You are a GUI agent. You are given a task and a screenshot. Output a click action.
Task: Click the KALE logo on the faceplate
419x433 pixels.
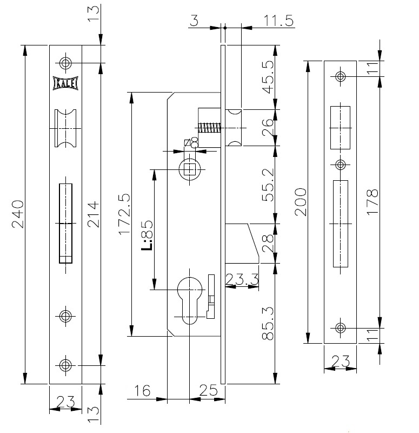[x=65, y=83]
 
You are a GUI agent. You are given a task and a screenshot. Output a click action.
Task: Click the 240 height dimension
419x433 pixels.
[x=18, y=214]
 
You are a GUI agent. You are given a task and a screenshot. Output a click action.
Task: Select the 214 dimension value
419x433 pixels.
[x=93, y=214]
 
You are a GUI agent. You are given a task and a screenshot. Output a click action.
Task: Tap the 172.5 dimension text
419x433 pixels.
[x=124, y=214]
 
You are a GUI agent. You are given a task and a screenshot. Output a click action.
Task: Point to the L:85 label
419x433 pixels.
[x=147, y=235]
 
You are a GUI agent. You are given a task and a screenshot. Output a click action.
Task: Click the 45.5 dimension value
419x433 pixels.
[x=268, y=77]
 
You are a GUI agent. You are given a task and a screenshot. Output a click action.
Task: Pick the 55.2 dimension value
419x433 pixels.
[x=268, y=185]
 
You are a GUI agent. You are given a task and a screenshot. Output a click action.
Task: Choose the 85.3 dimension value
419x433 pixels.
[x=268, y=323]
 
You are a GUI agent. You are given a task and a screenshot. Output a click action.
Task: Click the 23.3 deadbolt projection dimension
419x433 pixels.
[x=242, y=279]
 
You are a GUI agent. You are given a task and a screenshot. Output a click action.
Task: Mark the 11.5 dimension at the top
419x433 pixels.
[x=278, y=21]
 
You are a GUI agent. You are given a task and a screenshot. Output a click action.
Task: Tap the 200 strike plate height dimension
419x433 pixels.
[x=301, y=202]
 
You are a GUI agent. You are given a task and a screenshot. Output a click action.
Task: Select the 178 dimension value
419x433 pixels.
[x=373, y=202]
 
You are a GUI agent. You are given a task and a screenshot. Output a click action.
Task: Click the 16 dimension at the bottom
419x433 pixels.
[x=142, y=390]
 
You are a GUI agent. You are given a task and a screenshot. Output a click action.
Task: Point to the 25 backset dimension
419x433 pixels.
[x=208, y=390]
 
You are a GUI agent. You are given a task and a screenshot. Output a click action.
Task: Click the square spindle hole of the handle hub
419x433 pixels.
[x=190, y=169]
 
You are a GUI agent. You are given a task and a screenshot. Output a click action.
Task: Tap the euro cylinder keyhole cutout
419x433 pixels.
[x=190, y=300]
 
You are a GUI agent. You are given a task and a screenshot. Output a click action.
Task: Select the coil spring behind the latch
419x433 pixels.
[x=209, y=128]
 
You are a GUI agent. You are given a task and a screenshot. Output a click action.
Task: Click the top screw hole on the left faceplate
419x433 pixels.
[x=65, y=63]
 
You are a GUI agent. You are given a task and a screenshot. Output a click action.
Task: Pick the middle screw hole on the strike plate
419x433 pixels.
[x=341, y=165]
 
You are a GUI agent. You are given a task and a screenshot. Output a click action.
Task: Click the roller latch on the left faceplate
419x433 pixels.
[x=65, y=128]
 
